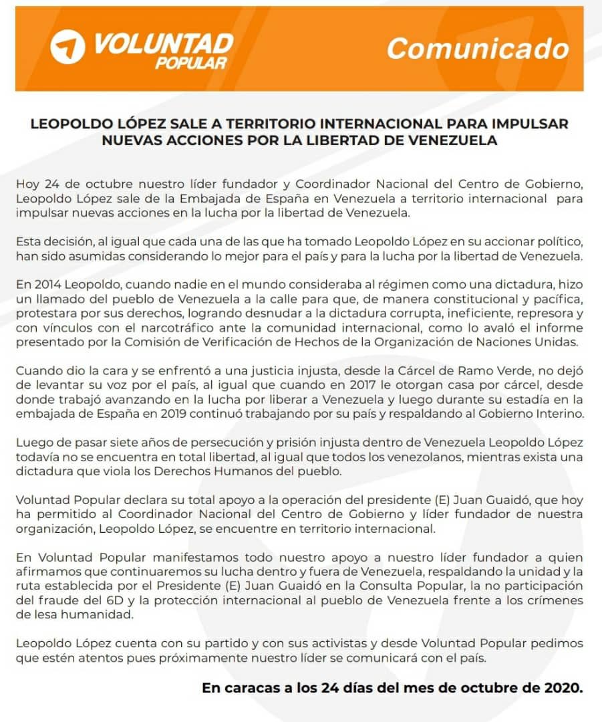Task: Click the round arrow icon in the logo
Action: point(68,47)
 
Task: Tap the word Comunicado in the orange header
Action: point(478,48)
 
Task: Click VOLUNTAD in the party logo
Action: point(163,43)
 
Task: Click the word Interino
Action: point(559,414)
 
